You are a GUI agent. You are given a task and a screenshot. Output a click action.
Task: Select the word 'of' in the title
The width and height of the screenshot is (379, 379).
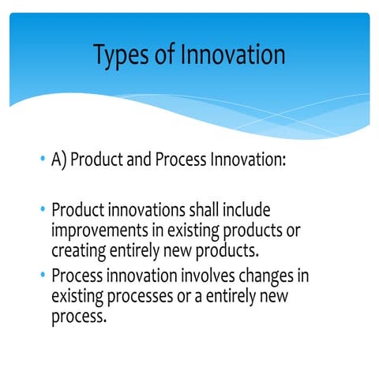167,54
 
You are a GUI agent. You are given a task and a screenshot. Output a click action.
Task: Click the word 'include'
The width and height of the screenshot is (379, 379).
250,211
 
